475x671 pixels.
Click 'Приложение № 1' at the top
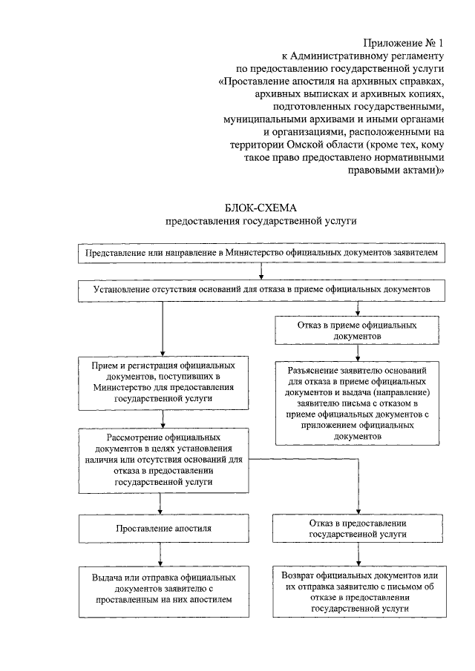coord(404,43)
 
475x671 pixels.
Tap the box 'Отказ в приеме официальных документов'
coord(358,331)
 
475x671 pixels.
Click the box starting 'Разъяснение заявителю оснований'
coord(358,402)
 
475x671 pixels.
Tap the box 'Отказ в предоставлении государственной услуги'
coord(358,529)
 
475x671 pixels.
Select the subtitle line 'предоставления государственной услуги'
coord(261,221)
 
